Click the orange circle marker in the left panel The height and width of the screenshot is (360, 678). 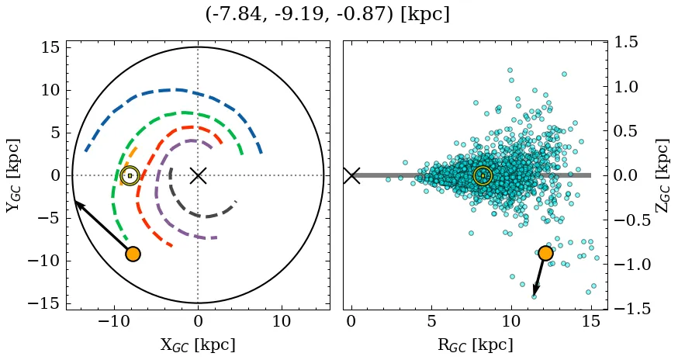133,254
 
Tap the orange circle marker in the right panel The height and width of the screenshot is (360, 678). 545,253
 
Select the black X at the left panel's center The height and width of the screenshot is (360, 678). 198,175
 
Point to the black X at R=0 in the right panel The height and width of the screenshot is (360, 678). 351,175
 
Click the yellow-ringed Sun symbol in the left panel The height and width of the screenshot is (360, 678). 130,175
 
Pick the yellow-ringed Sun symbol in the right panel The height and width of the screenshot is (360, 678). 483,175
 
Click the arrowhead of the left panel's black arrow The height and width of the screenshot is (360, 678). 77,202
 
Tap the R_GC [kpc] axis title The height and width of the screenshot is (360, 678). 475,345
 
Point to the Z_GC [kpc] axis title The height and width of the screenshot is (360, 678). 664,175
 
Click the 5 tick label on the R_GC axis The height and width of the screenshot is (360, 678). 431,321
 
